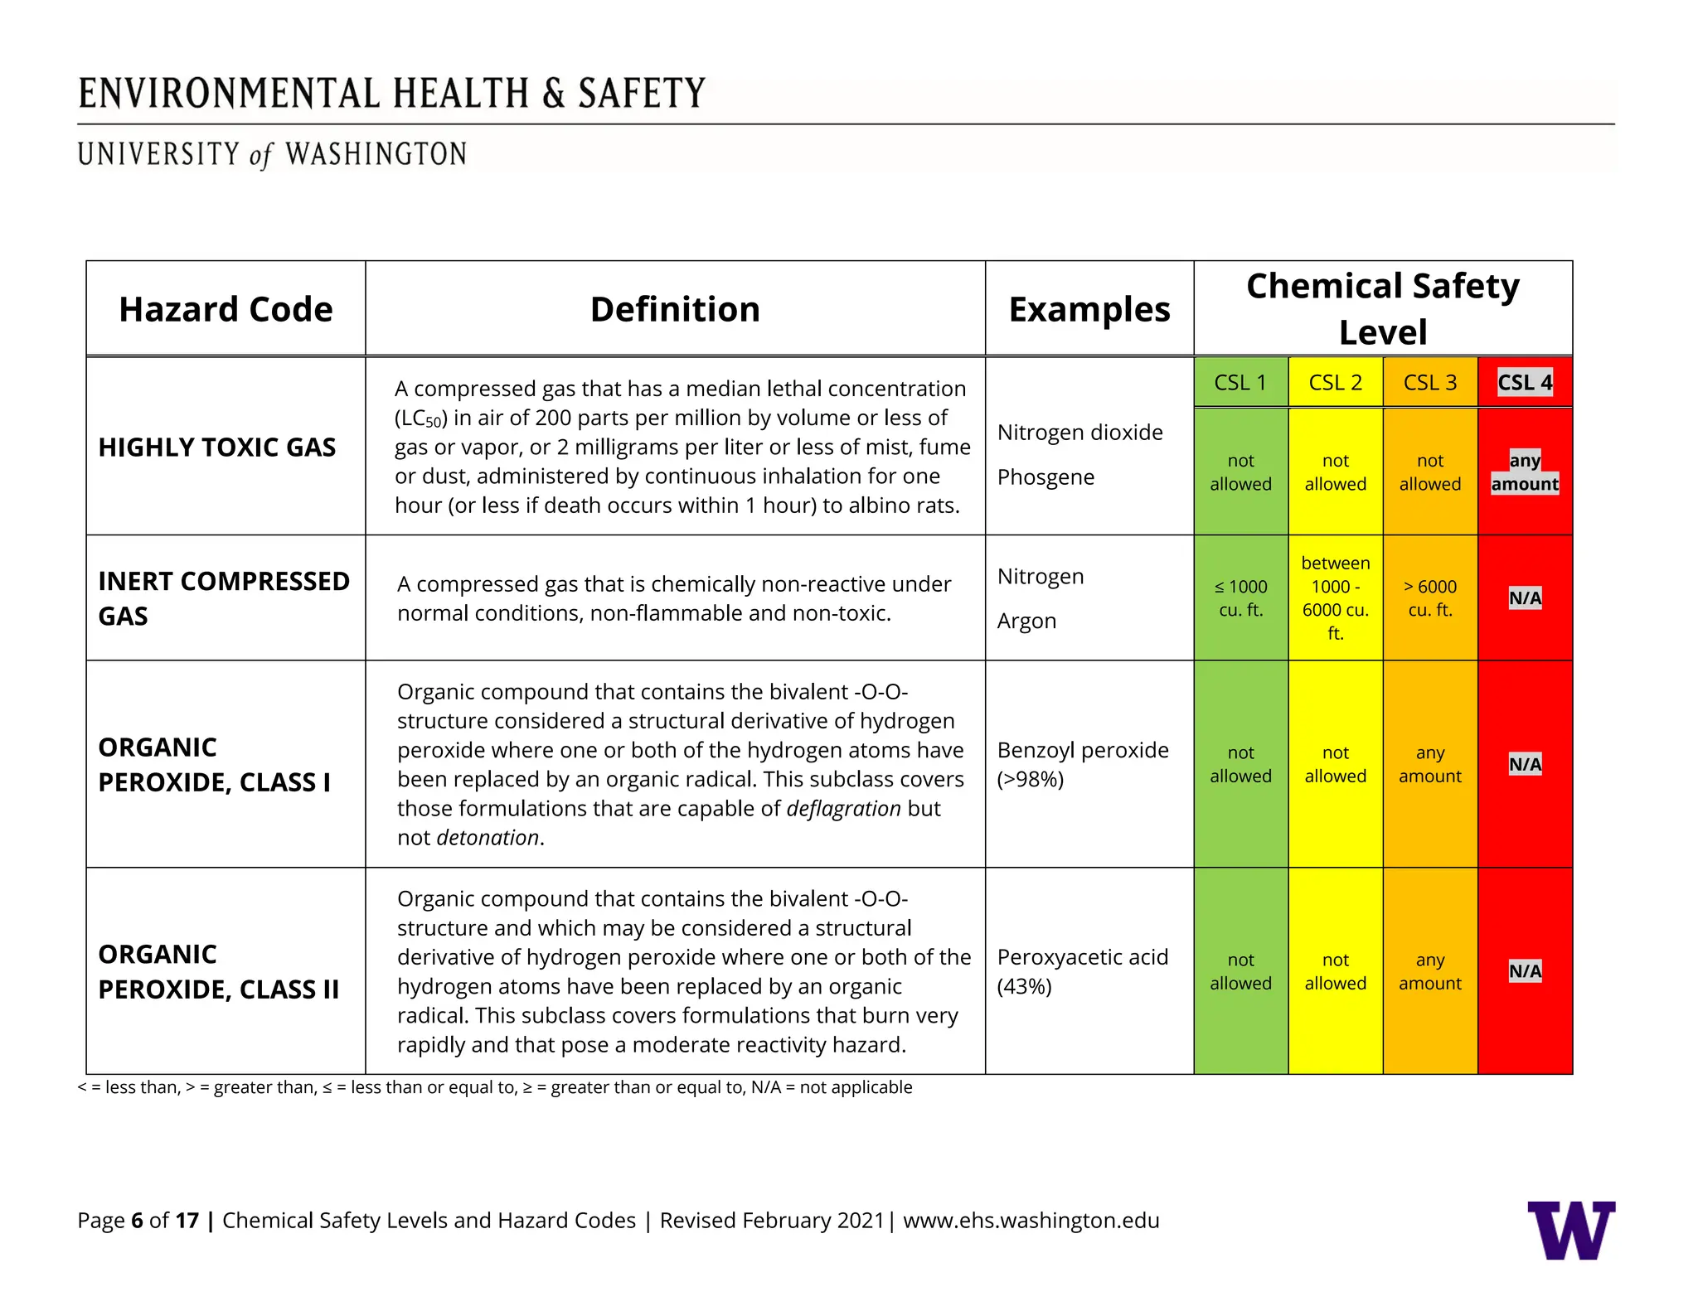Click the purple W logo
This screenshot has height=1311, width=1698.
1571,1230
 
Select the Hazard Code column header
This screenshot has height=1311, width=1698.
226,309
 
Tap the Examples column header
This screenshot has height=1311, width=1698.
1089,309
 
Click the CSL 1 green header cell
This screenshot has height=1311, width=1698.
1240,383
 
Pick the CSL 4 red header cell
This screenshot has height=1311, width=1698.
1524,383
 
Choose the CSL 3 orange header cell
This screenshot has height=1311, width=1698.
1429,383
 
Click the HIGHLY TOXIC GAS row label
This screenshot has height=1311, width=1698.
217,447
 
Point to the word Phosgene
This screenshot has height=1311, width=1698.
1045,477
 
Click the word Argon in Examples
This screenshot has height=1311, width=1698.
1026,621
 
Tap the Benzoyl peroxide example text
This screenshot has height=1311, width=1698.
1082,751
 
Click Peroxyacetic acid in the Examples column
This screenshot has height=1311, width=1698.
1082,958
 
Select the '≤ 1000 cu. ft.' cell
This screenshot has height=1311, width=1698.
1240,598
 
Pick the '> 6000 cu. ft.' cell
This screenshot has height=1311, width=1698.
1429,598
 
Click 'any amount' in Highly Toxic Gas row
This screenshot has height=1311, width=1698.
1524,472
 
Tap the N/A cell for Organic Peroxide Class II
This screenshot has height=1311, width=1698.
1524,971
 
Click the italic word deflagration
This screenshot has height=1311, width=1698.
842,809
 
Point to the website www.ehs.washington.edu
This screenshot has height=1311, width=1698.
1031,1221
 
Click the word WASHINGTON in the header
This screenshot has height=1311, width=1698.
376,155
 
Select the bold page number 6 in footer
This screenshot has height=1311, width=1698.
137,1221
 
